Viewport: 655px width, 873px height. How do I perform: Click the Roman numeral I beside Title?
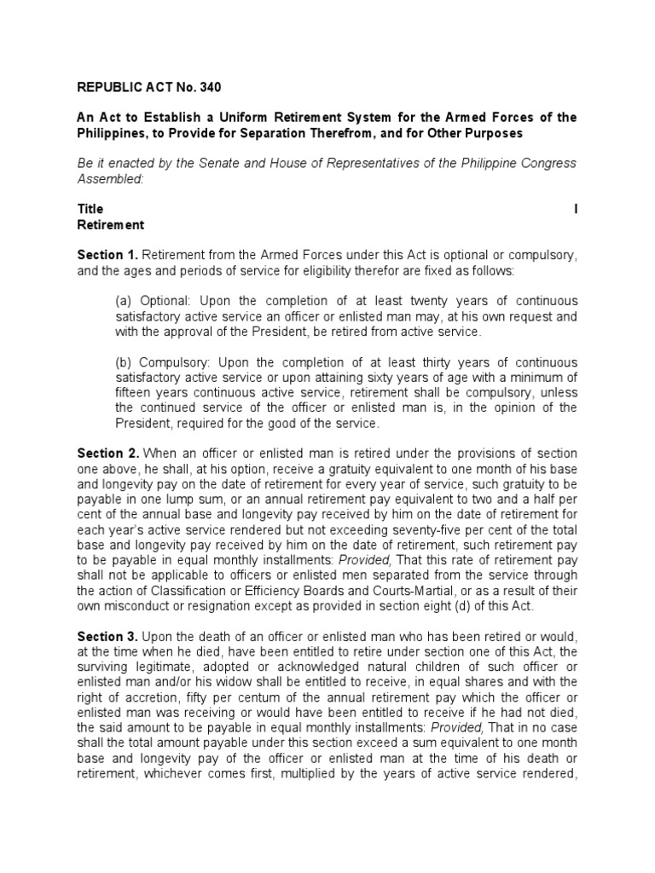tap(576, 209)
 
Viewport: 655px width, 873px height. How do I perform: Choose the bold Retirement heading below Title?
tap(111, 226)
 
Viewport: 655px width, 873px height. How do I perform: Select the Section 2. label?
tap(107, 453)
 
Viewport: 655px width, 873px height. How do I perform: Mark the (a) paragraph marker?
tap(125, 300)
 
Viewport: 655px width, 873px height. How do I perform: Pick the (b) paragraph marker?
tap(125, 362)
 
